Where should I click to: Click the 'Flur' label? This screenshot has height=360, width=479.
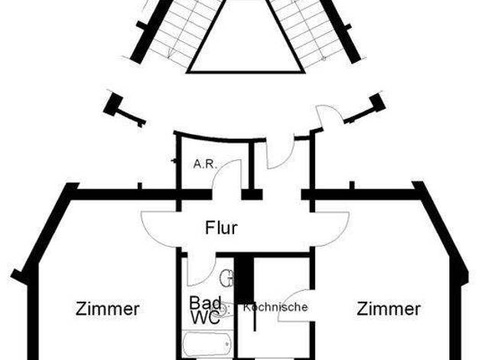point(221,227)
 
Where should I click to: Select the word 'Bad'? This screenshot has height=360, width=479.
point(205,303)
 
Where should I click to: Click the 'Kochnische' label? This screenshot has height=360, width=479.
point(275,307)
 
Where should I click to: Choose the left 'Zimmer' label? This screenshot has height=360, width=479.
point(108,309)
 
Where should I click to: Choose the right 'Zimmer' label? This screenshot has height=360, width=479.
point(389,309)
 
